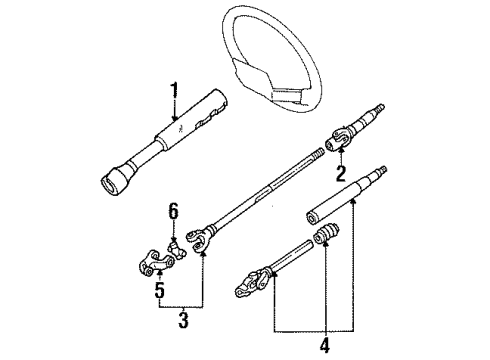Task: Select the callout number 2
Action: point(340,174)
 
